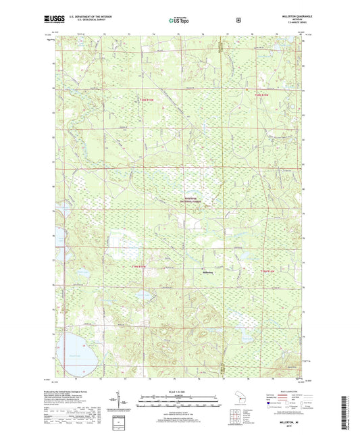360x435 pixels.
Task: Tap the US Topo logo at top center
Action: pos(178,20)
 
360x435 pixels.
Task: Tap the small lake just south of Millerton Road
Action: pos(141,296)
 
